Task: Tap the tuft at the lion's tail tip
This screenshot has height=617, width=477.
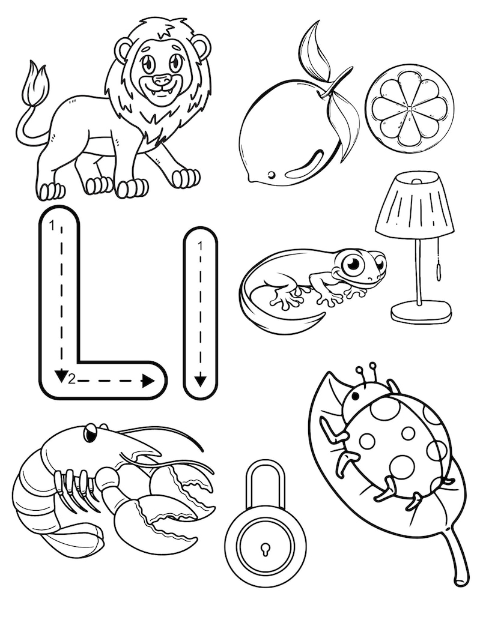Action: pos(34,85)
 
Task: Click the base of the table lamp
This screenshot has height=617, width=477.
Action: pos(421,312)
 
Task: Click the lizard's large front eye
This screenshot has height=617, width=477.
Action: pos(353,264)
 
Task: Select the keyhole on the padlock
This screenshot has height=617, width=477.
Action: pos(264,548)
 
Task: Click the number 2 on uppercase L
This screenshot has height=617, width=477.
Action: pos(71,378)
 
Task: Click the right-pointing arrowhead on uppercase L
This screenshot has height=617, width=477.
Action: pos(148,380)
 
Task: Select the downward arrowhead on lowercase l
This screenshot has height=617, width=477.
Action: pos(200,380)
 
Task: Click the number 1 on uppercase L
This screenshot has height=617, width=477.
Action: pos(53,225)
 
